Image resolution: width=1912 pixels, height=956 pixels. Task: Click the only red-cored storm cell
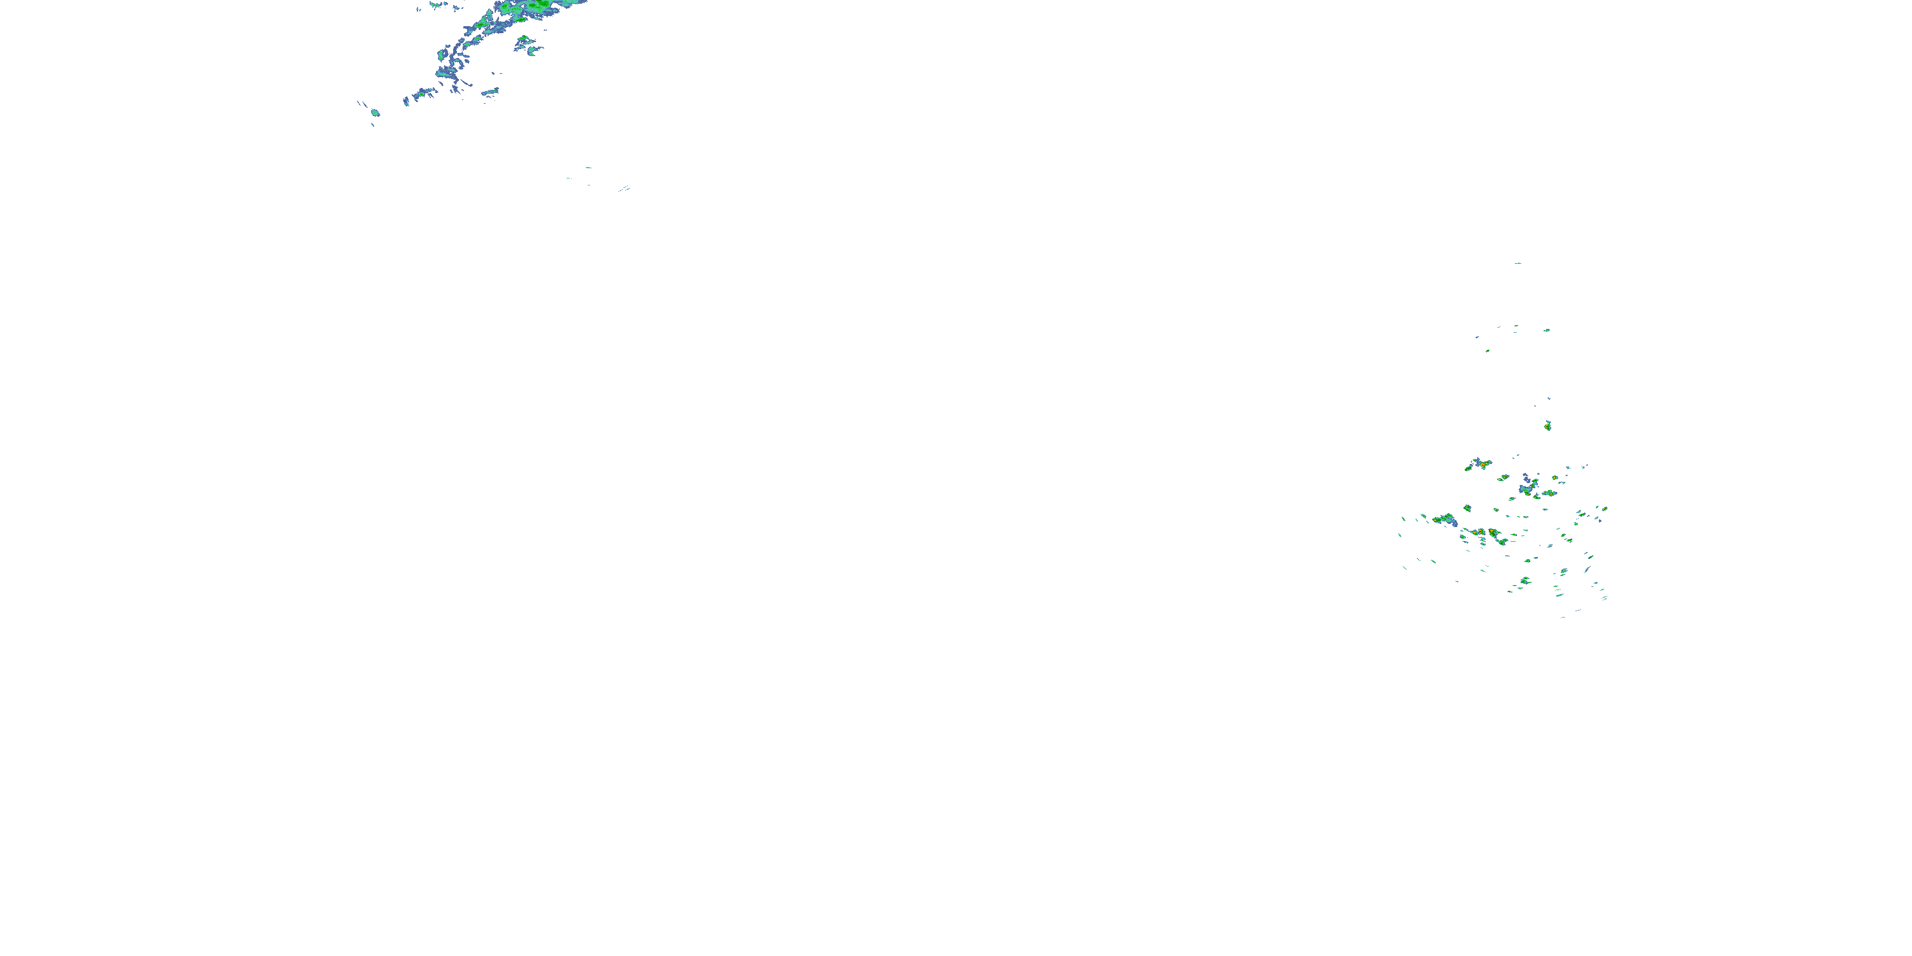tap(1482, 463)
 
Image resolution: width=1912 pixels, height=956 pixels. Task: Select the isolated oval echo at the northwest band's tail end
tap(375, 113)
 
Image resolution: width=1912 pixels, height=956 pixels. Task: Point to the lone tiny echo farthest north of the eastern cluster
tap(1518, 263)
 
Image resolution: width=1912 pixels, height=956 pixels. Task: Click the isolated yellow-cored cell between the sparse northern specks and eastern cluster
tap(1547, 426)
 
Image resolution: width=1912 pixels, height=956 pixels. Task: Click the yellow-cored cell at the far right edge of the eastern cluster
tap(1604, 509)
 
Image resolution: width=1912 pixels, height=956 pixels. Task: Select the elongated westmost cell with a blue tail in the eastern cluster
tap(1444, 519)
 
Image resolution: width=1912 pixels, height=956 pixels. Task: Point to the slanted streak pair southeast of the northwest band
tap(623, 189)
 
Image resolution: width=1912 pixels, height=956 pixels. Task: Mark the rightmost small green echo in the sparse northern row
tap(1547, 330)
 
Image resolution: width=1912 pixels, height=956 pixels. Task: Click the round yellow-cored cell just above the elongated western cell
tap(1467, 509)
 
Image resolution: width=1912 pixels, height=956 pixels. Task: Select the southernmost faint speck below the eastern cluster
tap(1562, 617)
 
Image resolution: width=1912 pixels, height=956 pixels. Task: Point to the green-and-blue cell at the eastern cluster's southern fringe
tap(1525, 581)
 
